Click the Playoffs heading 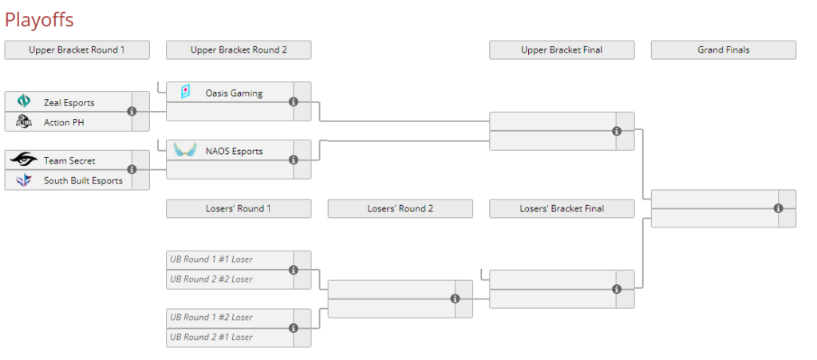coord(39,19)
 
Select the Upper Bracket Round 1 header coord(77,49)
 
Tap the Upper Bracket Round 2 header coord(239,49)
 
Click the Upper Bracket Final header coord(562,49)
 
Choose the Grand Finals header coord(723,49)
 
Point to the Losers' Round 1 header coord(239,208)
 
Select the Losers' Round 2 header coord(400,208)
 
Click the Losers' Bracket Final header coord(562,208)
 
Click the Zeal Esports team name coord(69,102)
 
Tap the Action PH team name coord(64,122)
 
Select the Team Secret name coord(69,160)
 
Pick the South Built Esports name coord(83,180)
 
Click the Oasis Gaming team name coord(234,93)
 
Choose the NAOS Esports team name coord(234,151)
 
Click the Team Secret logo coord(24,160)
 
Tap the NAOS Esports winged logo coord(185,150)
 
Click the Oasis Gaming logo coord(185,93)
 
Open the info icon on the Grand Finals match coord(778,208)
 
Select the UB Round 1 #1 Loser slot coord(211,259)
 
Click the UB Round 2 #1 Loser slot coord(211,337)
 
